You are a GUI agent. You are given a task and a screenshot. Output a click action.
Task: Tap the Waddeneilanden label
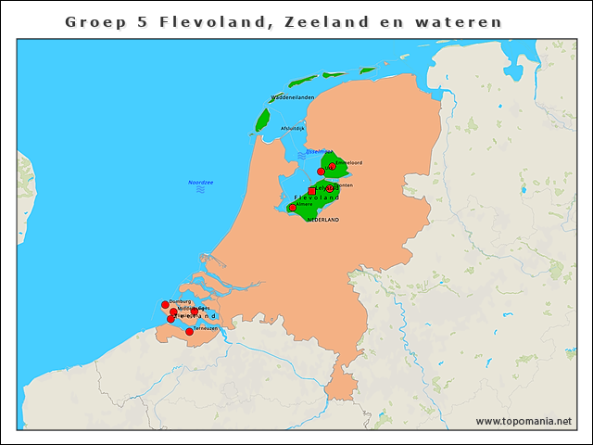tap(293, 97)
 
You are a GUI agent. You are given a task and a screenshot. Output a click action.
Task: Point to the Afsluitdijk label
tap(292, 128)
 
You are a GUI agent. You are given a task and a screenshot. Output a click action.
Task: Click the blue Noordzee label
tap(201, 183)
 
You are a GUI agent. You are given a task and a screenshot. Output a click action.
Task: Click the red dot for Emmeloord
tap(332, 166)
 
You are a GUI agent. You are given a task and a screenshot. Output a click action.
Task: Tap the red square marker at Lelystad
tap(311, 191)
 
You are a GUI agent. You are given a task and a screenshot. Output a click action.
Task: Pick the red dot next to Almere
tap(293, 208)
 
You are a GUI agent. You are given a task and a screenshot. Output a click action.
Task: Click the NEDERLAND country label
tap(322, 220)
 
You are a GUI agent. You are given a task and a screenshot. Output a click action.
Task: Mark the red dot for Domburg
tap(165, 304)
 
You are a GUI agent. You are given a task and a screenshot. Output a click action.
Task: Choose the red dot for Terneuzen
tap(189, 331)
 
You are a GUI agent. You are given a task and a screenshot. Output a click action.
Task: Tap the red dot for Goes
tap(194, 311)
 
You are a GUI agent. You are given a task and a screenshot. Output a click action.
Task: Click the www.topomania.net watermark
tap(524, 421)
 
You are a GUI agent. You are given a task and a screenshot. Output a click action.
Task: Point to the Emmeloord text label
tap(348, 163)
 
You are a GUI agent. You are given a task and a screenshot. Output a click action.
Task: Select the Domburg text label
tap(180, 301)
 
